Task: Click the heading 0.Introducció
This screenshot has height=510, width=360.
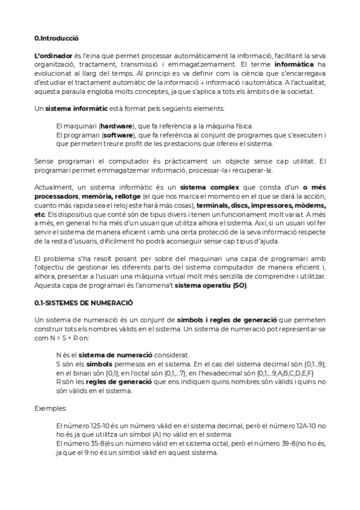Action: point(56,37)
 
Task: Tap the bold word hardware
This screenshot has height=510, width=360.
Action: point(117,126)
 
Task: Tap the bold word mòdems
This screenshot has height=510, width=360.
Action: point(308,205)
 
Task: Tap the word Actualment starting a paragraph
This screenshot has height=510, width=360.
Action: point(52,188)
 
